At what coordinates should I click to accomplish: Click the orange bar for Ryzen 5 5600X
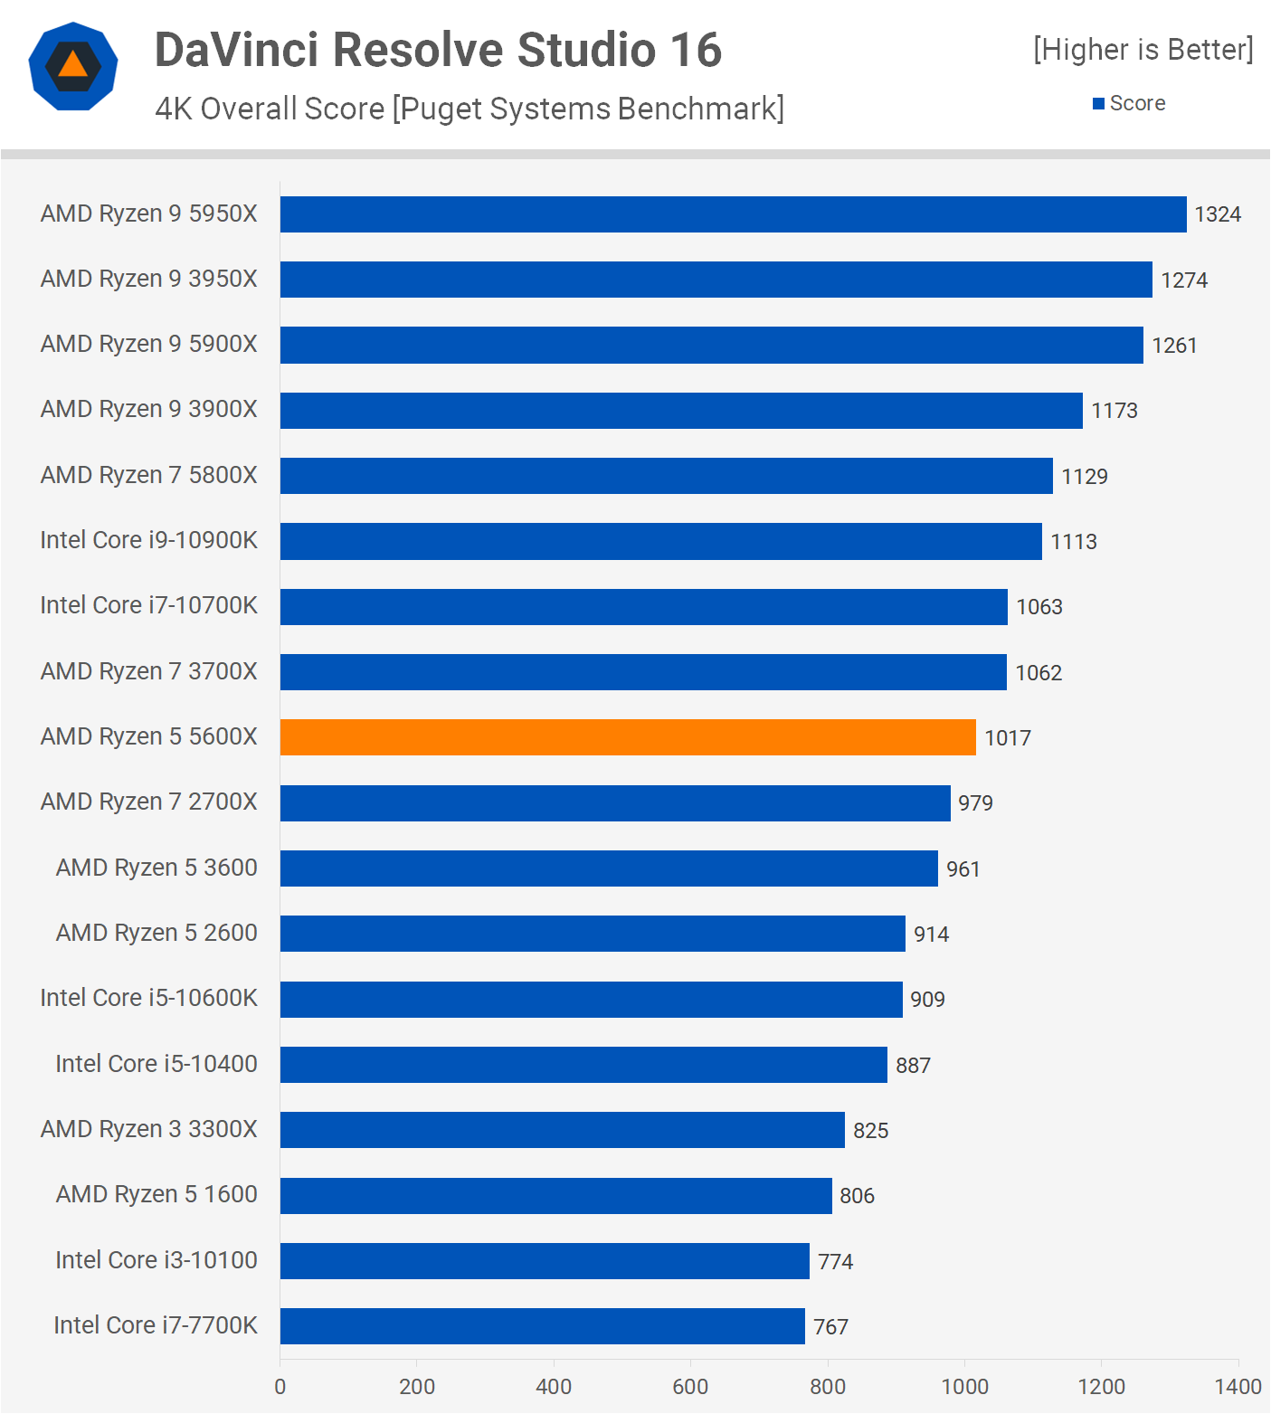[628, 737]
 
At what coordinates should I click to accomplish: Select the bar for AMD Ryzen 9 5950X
[733, 214]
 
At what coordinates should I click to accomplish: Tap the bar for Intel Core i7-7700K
[542, 1326]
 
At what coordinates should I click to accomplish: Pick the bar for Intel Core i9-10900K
[660, 541]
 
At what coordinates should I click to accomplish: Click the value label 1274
[1184, 280]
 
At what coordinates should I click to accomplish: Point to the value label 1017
[1008, 738]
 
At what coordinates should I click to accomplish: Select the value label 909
[927, 1000]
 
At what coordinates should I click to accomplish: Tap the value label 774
[835, 1261]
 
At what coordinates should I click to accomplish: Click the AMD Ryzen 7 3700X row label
[149, 671]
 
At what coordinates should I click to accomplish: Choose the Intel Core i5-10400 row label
[157, 1064]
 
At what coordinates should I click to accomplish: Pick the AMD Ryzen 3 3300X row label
[149, 1129]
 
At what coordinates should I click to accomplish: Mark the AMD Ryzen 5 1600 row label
[157, 1194]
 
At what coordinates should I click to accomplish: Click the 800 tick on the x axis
[827, 1386]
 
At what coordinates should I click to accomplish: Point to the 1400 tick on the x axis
[1238, 1386]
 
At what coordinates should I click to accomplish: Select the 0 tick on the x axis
[280, 1386]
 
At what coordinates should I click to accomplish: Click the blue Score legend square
[1098, 104]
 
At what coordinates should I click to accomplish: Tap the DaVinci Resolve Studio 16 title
[438, 50]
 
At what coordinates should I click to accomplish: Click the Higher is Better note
[1143, 50]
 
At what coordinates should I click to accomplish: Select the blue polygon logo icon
[73, 66]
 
